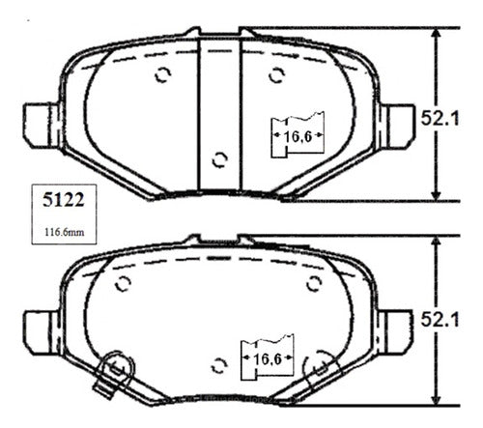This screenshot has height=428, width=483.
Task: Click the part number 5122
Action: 64,200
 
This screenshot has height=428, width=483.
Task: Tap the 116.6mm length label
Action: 64,232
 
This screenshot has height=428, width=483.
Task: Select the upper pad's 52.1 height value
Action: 440,118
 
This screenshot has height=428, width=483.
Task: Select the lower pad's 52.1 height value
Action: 440,320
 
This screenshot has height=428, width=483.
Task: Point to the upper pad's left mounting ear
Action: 42,126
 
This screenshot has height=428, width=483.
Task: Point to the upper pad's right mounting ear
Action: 397,126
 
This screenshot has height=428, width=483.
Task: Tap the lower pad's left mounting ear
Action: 42,332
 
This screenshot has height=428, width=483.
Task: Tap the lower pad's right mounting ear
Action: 395,332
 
